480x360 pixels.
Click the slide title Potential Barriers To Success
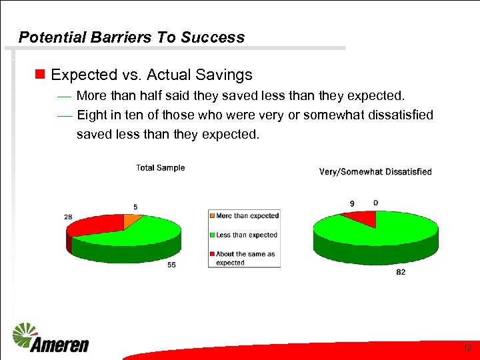click(x=131, y=37)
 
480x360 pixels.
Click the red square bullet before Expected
click(x=40, y=74)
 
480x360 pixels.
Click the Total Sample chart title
click(x=160, y=168)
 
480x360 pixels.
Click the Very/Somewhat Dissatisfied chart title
click(x=375, y=172)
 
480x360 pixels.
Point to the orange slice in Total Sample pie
click(x=132, y=219)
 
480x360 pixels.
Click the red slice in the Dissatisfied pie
click(x=359, y=217)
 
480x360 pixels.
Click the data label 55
click(x=172, y=265)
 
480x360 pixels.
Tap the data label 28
click(x=69, y=217)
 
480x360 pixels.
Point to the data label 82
click(x=400, y=272)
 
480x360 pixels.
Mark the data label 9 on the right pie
click(x=352, y=203)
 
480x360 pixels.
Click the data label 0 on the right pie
click(x=376, y=203)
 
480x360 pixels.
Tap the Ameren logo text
click(x=60, y=345)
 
